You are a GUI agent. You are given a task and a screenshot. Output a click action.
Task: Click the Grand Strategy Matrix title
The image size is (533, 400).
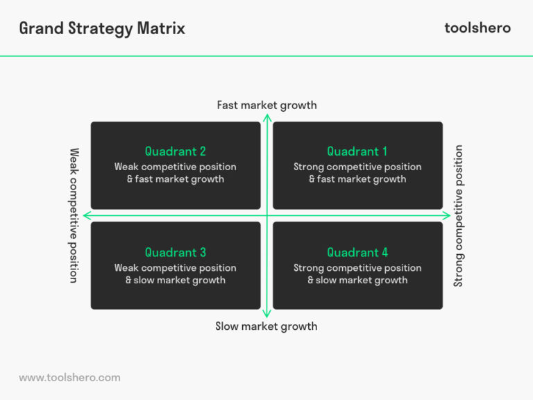[x=102, y=28]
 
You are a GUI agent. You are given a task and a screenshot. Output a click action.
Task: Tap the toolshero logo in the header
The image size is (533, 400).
[x=477, y=28]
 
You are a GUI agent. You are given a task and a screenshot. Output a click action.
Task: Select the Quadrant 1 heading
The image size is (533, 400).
[x=357, y=151]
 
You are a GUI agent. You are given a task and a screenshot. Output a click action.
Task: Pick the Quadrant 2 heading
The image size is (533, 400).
[x=176, y=151]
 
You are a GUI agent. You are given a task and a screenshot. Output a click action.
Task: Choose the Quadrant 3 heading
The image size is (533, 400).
[x=176, y=253]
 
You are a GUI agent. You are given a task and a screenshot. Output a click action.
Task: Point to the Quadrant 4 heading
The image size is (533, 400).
[x=357, y=253]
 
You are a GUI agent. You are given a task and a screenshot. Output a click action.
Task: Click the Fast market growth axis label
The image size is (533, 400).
[x=266, y=106]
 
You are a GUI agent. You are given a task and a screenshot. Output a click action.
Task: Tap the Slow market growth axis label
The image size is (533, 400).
[x=266, y=326]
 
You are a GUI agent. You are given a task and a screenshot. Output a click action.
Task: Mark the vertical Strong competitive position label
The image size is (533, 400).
[x=458, y=215]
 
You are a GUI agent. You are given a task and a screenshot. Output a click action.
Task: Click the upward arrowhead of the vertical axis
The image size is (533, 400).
[x=266, y=117]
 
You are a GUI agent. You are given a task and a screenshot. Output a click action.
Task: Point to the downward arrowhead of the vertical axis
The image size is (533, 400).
[x=266, y=314]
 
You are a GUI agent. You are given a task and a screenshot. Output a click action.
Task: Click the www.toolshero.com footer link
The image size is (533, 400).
[x=69, y=378]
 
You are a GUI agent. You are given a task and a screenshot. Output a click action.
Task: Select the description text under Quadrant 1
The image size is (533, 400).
[x=357, y=173]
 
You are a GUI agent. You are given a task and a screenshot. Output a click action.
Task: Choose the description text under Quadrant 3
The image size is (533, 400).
[x=176, y=274]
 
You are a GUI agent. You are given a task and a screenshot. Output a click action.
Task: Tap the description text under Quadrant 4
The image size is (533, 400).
[x=357, y=274]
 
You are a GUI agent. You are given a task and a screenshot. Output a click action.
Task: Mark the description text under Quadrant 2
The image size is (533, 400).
[x=176, y=173]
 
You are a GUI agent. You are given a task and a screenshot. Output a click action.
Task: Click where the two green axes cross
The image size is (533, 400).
[x=266, y=215]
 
